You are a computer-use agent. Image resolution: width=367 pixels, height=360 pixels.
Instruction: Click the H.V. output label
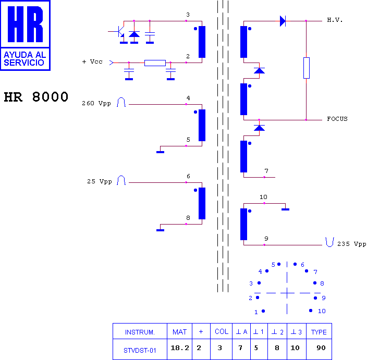click(x=335, y=20)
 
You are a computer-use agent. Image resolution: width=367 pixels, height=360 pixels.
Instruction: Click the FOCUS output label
click(x=337, y=119)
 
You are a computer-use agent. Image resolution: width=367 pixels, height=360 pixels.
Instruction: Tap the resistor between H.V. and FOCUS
click(x=307, y=68)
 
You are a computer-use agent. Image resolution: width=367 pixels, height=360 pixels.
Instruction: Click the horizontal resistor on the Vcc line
click(x=155, y=63)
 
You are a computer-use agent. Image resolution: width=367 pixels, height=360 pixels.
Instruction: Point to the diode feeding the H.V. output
click(x=283, y=21)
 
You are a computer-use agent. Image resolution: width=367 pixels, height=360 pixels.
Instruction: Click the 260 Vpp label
click(x=96, y=103)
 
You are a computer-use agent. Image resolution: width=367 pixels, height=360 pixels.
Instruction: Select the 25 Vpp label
click(x=100, y=181)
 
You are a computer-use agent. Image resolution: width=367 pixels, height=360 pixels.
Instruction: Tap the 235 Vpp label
click(x=351, y=244)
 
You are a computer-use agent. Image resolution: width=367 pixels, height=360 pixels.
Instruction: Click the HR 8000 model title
click(x=36, y=97)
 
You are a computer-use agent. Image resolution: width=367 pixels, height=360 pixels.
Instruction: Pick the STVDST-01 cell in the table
click(x=140, y=351)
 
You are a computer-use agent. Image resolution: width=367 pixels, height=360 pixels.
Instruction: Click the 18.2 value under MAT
click(x=180, y=348)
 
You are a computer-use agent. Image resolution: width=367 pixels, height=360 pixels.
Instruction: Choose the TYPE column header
click(x=319, y=332)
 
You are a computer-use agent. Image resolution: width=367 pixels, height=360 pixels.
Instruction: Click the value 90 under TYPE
click(x=321, y=348)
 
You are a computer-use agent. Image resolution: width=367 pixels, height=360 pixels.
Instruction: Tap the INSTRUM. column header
click(x=140, y=332)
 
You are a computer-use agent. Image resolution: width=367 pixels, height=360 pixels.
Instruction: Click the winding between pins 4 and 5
click(x=202, y=125)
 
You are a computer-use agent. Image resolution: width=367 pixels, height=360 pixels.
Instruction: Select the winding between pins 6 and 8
click(x=202, y=203)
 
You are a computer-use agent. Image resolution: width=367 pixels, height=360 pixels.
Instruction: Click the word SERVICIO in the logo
click(x=24, y=63)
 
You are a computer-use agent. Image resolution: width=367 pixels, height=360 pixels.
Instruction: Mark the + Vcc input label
click(x=92, y=61)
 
